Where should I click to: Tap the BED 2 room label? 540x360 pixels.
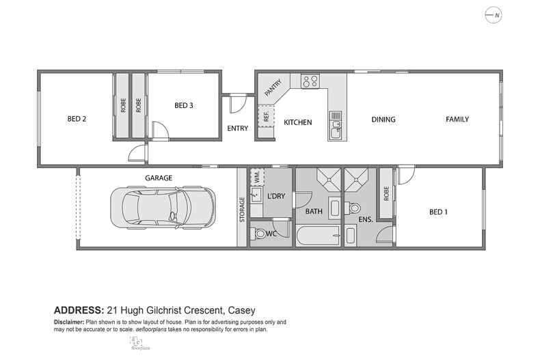click(x=77, y=119)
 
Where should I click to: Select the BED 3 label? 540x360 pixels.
click(x=184, y=105)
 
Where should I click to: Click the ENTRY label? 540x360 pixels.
click(x=237, y=128)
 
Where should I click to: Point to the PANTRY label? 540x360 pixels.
click(x=273, y=88)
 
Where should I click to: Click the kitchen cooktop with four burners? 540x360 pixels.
click(x=310, y=81)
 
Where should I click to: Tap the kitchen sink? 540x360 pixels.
click(x=335, y=127)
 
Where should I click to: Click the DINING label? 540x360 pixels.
click(x=383, y=120)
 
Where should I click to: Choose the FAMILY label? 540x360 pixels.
click(x=457, y=120)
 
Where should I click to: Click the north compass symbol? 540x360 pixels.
click(x=492, y=15)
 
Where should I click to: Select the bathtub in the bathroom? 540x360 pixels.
click(x=318, y=236)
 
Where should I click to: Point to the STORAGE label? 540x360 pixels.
click(x=242, y=209)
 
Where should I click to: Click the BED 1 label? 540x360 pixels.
click(x=438, y=212)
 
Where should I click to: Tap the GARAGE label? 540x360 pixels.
click(x=159, y=178)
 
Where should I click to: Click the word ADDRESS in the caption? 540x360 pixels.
click(x=78, y=308)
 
